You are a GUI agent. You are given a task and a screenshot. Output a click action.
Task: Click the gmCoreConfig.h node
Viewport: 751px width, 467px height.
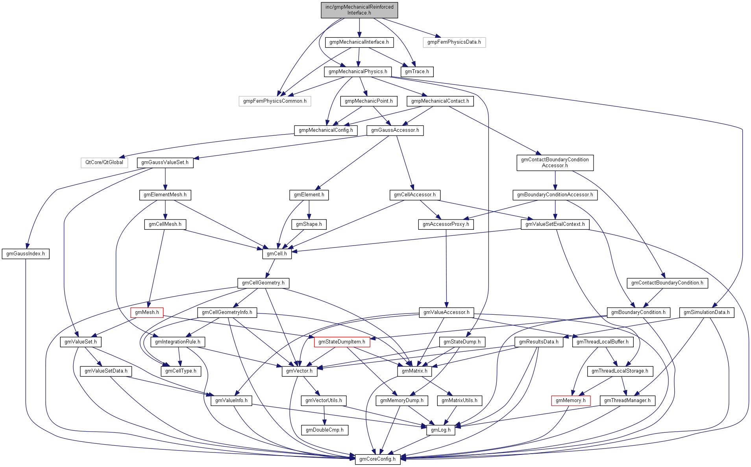pyautogui.click(x=377, y=459)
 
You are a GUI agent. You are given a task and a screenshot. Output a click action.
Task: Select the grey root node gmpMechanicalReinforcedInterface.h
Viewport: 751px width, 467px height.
pyautogui.click(x=359, y=10)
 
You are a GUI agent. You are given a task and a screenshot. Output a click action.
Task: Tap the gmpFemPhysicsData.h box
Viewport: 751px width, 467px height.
pyautogui.click(x=454, y=42)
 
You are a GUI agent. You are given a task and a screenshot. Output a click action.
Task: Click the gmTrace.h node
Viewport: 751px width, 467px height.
pyautogui.click(x=417, y=72)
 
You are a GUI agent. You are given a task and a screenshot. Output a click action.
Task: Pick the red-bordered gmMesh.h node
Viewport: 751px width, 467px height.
pyautogui.click(x=147, y=312)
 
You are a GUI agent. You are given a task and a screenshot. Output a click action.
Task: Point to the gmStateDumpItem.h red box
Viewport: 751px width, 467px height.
pyautogui.click(x=342, y=342)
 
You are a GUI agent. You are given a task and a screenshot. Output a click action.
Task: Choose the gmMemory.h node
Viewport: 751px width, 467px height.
pyautogui.click(x=570, y=401)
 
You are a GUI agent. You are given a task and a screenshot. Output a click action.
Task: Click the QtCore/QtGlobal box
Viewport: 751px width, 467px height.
pyautogui.click(x=104, y=162)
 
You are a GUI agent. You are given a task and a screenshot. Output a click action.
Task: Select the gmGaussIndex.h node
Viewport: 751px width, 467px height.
pyautogui.click(x=26, y=254)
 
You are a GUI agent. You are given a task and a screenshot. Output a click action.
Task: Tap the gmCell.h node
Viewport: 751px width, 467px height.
pyautogui.click(x=277, y=254)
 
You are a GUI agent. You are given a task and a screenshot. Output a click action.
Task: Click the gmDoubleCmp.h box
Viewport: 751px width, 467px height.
pyautogui.click(x=324, y=430)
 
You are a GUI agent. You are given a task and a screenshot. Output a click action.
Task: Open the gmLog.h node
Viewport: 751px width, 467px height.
pyautogui.click(x=440, y=430)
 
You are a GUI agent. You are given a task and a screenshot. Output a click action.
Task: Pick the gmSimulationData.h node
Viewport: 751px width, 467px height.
pyautogui.click(x=706, y=312)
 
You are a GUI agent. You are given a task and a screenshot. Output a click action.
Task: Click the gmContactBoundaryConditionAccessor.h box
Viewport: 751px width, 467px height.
pyautogui.click(x=555, y=162)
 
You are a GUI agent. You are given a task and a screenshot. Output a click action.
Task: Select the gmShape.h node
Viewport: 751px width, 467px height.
pyautogui.click(x=309, y=224)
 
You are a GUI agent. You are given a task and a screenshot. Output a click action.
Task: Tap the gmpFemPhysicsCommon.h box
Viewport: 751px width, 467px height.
pyautogui.click(x=275, y=101)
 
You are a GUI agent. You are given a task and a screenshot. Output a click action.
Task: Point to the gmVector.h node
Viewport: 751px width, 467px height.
pyautogui.click(x=299, y=371)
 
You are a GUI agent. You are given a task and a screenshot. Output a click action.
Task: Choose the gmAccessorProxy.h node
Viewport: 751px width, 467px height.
pyautogui.click(x=446, y=224)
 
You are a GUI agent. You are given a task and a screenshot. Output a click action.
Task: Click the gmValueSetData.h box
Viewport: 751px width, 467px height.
pyautogui.click(x=106, y=371)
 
